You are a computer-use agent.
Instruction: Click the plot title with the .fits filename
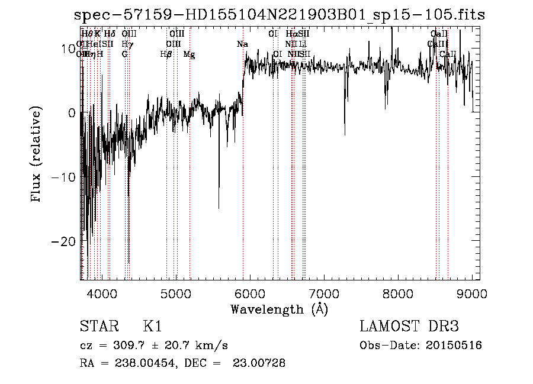click(280, 15)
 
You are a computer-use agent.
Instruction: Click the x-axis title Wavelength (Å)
click(279, 309)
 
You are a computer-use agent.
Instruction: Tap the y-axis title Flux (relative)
click(37, 155)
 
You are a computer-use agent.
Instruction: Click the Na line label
click(242, 44)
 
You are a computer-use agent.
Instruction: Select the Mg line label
click(190, 54)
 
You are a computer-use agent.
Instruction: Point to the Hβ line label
click(166, 54)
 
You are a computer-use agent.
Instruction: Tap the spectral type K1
click(152, 327)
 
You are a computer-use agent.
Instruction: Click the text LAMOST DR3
click(409, 327)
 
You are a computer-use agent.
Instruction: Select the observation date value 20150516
click(455, 346)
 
